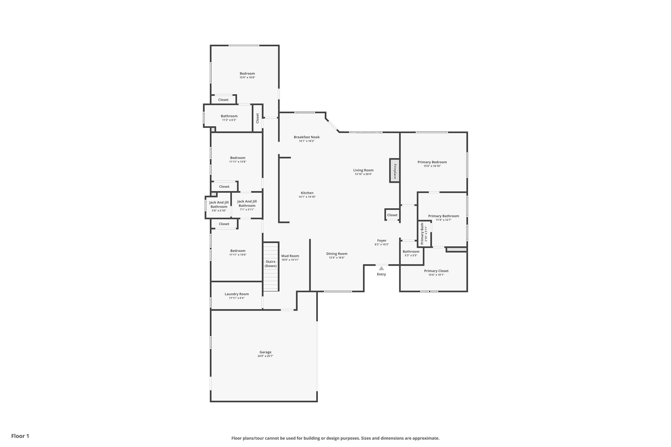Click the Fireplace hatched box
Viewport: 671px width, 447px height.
click(x=395, y=171)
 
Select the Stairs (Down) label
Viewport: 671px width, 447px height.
click(x=270, y=264)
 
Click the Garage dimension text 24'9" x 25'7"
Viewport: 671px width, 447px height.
click(x=265, y=356)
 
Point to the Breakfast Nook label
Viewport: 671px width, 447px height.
click(x=307, y=137)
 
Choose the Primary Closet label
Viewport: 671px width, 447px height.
click(x=436, y=271)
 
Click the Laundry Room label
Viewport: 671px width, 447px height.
click(x=236, y=294)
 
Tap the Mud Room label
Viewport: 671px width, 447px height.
click(x=290, y=256)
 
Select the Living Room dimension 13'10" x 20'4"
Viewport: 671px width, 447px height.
click(x=363, y=174)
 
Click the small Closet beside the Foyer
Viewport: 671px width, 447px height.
click(x=392, y=215)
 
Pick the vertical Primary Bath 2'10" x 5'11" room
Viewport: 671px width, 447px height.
click(x=424, y=234)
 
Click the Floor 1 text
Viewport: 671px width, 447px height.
click(x=20, y=436)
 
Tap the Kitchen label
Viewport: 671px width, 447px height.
click(x=307, y=193)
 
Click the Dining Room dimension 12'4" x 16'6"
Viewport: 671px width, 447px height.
click(x=337, y=258)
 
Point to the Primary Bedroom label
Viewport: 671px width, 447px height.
click(x=432, y=162)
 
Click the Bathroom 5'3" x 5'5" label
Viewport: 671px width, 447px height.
click(x=411, y=251)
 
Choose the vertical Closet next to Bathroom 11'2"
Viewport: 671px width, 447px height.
click(x=257, y=118)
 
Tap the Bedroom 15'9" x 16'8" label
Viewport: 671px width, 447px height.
click(x=247, y=74)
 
